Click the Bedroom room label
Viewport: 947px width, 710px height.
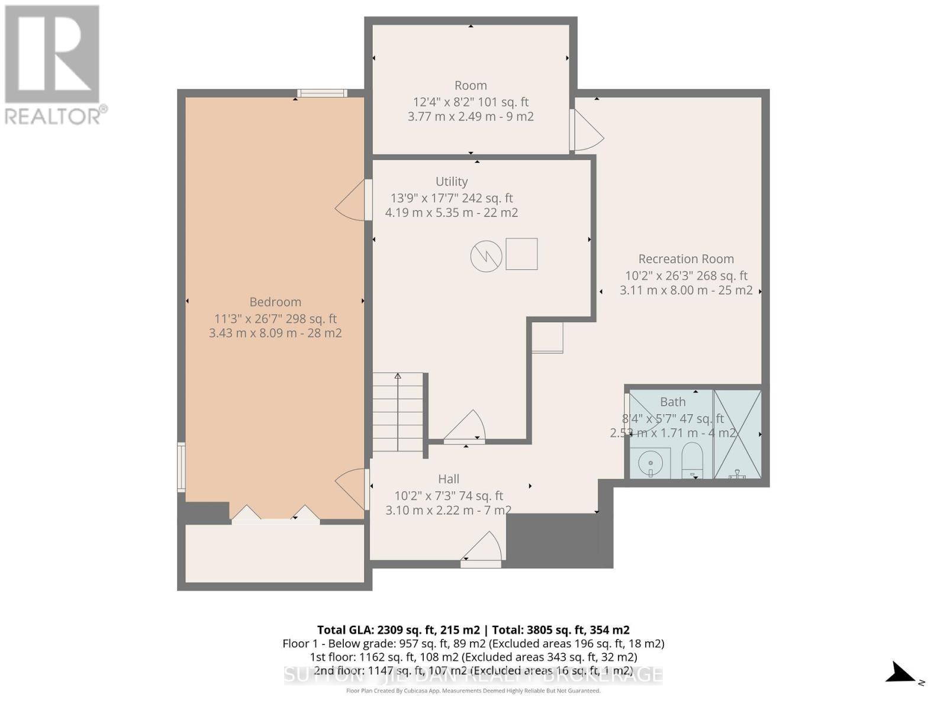click(x=275, y=302)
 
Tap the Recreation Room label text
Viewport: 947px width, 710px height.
click(x=686, y=259)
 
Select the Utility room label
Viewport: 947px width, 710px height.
click(x=452, y=182)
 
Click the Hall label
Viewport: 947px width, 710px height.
click(x=449, y=479)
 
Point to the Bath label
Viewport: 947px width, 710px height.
click(x=673, y=402)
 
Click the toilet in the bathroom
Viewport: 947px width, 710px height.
click(x=691, y=461)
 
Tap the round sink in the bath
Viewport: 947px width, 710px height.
click(x=650, y=461)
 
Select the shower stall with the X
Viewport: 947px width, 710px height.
click(x=737, y=434)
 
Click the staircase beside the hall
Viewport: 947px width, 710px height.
click(x=398, y=413)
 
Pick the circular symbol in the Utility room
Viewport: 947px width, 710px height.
click(x=486, y=256)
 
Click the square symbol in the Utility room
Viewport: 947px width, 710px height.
click(x=521, y=254)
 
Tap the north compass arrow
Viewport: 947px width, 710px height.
click(x=903, y=674)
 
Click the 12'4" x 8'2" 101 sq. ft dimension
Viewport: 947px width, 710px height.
click(x=471, y=102)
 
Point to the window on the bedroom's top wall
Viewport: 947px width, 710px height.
click(x=322, y=93)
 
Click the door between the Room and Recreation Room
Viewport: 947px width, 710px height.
click(x=586, y=131)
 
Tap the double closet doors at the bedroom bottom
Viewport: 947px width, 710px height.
click(x=276, y=514)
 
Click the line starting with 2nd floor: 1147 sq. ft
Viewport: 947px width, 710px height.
click(x=473, y=670)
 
